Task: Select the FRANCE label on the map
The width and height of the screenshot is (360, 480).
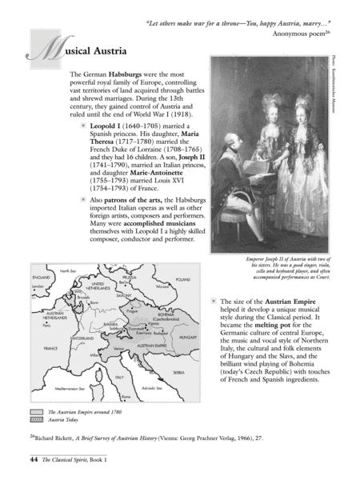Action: click(50, 349)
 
